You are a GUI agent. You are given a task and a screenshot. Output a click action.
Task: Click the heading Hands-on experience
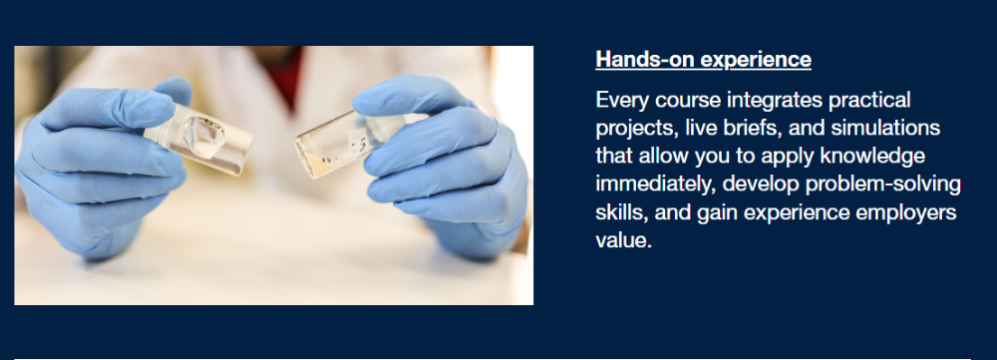pyautogui.click(x=703, y=59)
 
